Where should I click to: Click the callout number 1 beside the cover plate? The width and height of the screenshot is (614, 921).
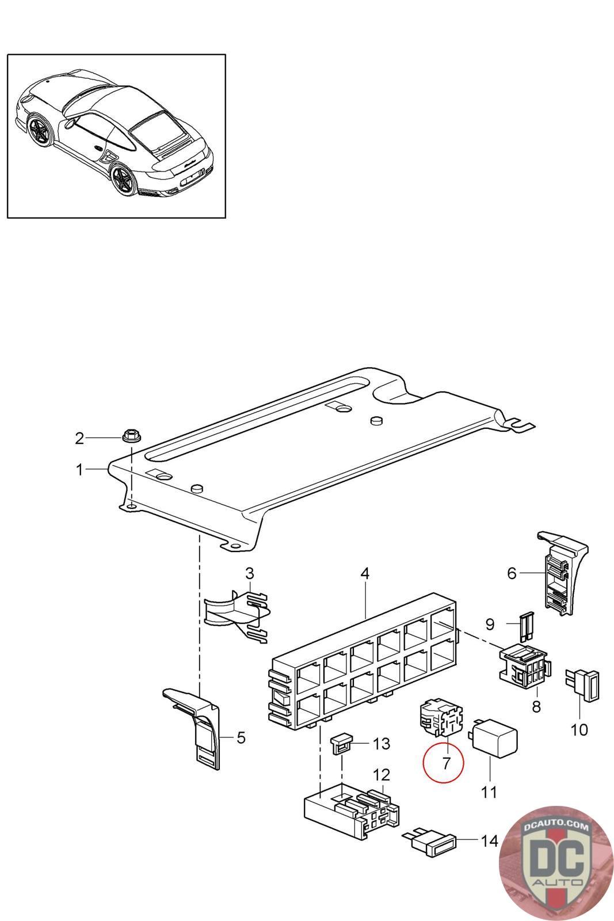point(79,470)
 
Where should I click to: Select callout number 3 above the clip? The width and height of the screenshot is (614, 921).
point(249,573)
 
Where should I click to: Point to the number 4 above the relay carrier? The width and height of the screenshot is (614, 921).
point(365,574)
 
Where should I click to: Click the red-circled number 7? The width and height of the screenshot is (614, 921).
point(446,763)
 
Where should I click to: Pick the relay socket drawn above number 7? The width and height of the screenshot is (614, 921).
point(438,717)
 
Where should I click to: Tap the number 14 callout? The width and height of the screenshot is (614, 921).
point(489,841)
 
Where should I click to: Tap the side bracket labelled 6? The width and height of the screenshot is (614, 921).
point(558,576)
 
